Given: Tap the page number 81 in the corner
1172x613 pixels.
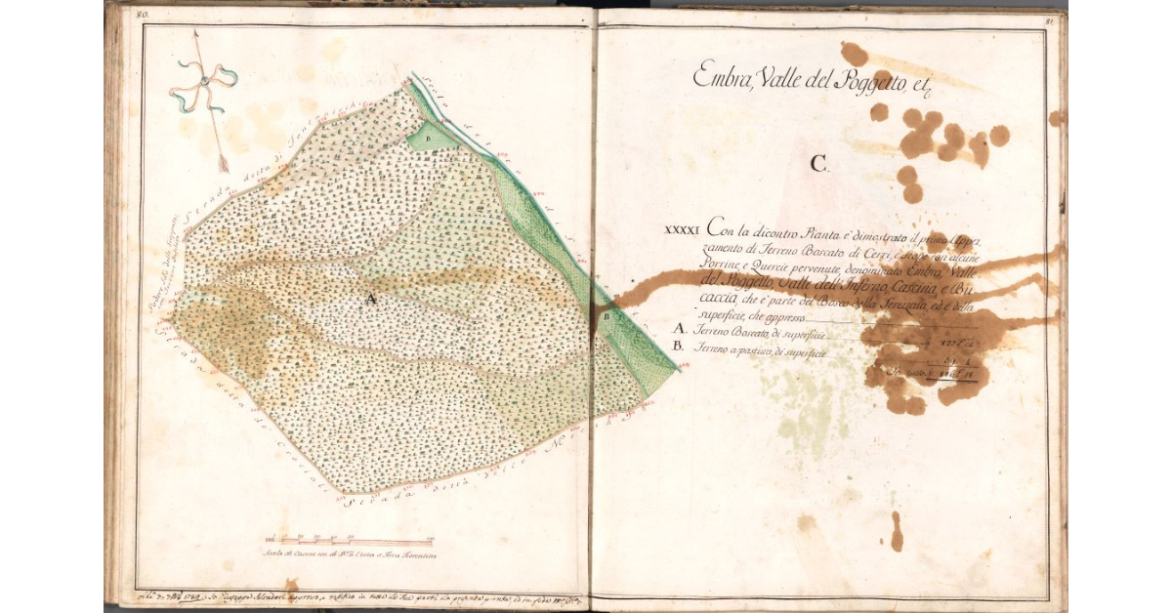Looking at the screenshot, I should click(x=1049, y=18).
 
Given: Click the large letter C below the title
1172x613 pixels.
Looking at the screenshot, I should click(x=818, y=164).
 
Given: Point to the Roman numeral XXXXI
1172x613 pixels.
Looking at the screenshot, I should click(x=683, y=231).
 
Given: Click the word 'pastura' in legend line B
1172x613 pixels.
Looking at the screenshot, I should click(x=766, y=350).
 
